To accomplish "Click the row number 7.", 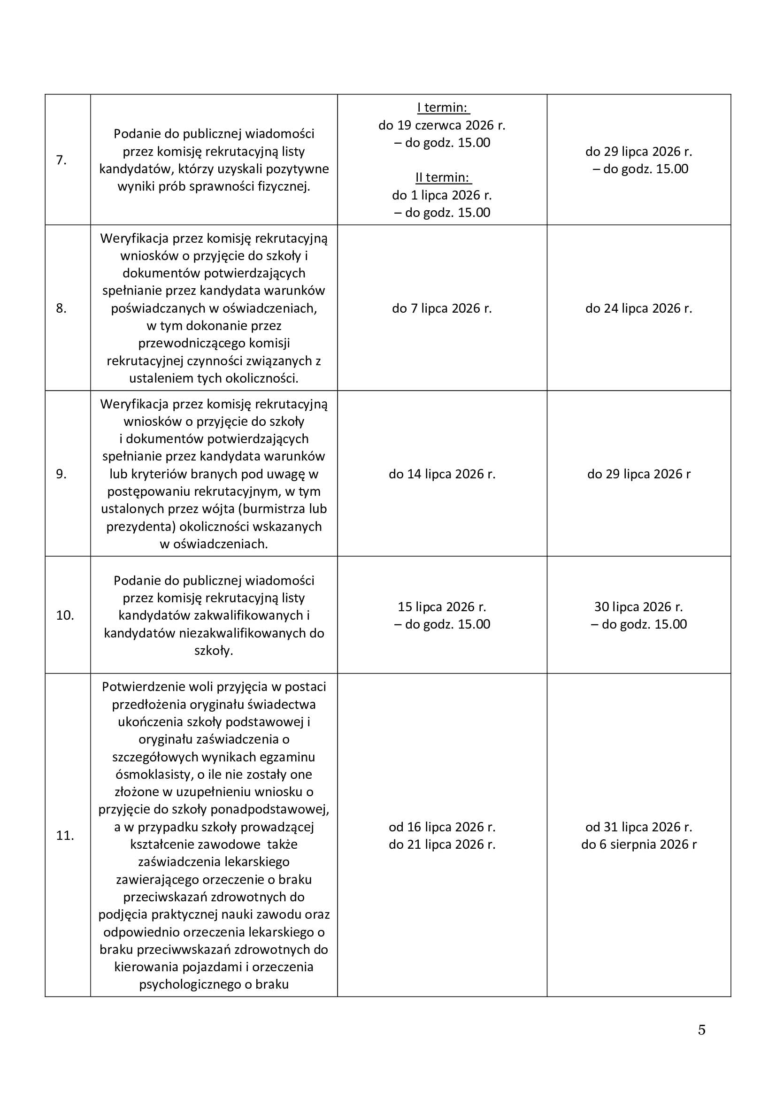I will [61, 160].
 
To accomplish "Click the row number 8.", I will [61, 308].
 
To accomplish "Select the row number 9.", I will [61, 474].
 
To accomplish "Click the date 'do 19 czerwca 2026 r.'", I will [442, 125].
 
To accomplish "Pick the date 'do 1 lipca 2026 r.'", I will [442, 195].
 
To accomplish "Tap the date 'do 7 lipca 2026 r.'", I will [442, 308].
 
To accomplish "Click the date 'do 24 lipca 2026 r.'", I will [639, 308].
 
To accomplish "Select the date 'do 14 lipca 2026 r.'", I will [442, 474].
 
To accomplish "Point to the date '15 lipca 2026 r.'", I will [442, 607].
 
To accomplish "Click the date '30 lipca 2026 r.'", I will [639, 607].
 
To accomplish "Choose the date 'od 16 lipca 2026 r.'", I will [442, 827].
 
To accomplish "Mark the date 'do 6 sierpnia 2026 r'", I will [639, 845].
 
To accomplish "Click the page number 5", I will [701, 1029].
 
